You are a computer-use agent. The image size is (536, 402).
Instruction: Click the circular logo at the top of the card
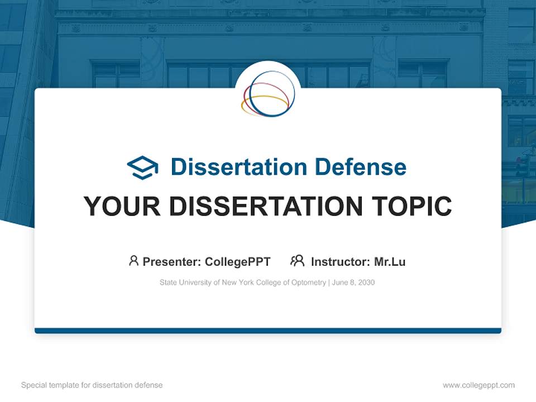pos(268,94)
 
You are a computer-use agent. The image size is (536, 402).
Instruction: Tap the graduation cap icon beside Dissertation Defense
pos(142,167)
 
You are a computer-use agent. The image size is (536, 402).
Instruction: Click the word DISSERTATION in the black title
pos(262,207)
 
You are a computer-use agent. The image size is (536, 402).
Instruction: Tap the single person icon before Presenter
pos(133,261)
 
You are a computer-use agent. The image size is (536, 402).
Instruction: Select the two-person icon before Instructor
pos(297,261)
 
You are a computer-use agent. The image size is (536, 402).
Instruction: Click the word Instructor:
pos(340,261)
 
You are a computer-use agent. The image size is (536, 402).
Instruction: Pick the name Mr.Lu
pos(390,261)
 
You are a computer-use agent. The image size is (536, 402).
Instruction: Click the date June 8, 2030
pos(353,283)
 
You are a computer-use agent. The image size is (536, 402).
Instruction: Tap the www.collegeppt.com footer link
pos(478,385)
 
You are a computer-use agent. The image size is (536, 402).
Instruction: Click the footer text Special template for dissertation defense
pos(92,385)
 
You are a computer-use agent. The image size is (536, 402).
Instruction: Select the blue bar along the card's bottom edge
pos(268,331)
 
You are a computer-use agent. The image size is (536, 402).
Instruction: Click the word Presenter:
pos(172,261)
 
